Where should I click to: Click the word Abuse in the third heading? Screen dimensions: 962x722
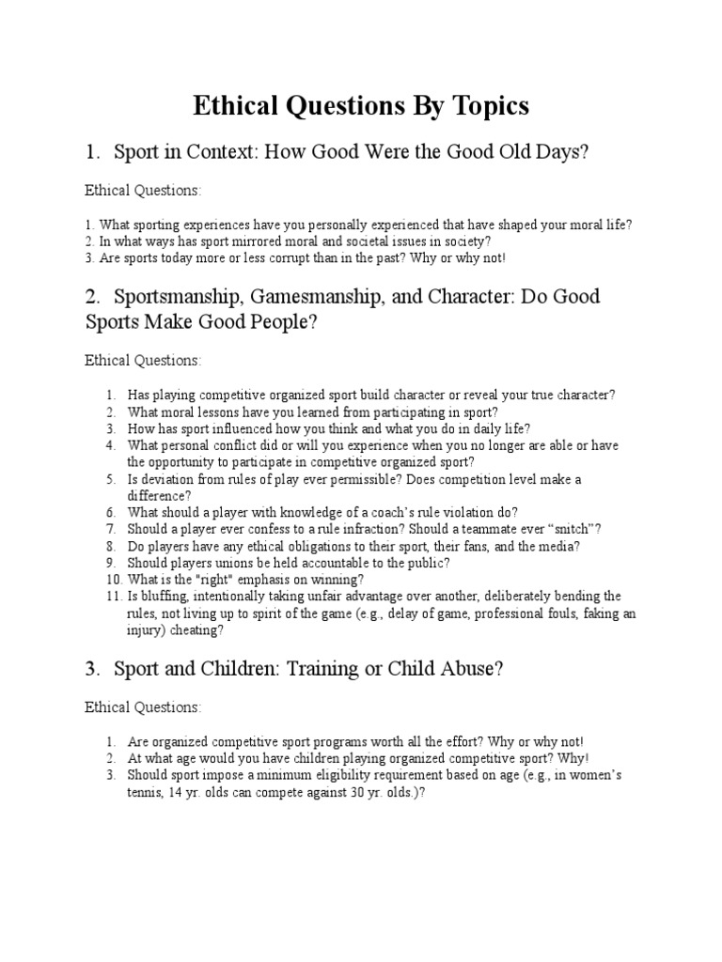[x=467, y=670]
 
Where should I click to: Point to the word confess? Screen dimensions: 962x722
[x=273, y=529]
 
